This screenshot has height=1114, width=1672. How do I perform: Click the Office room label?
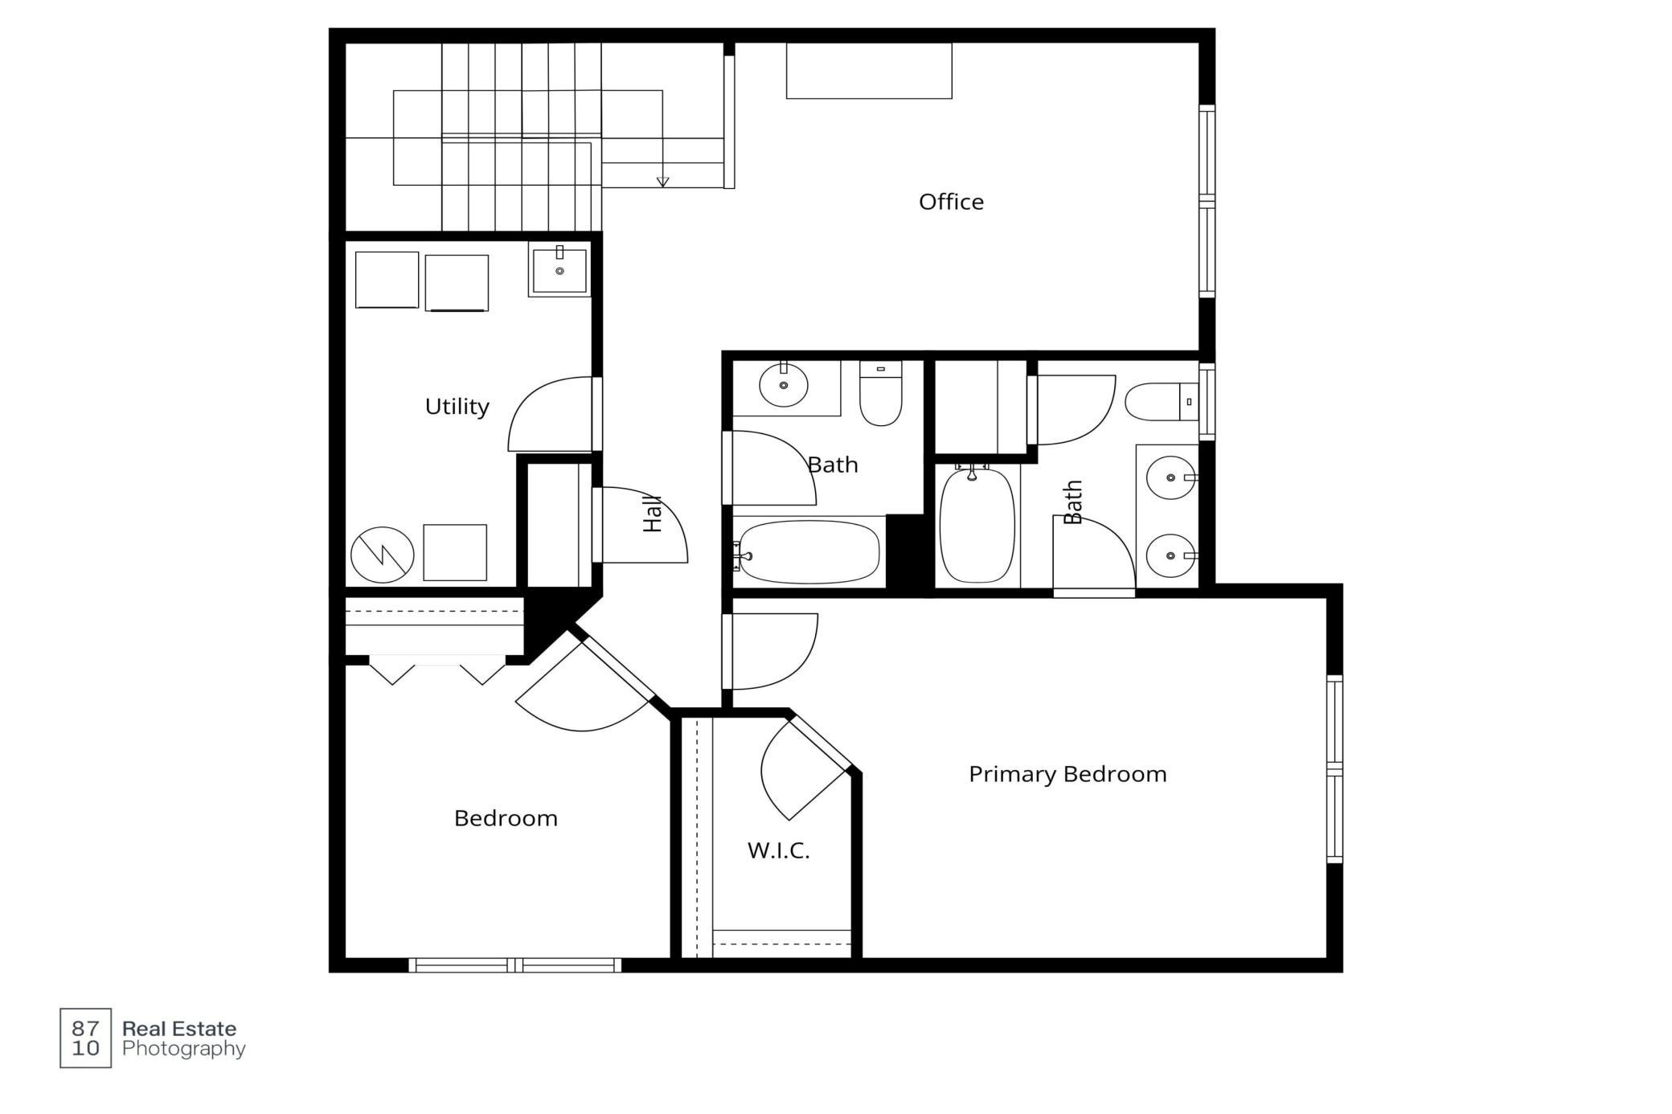click(x=951, y=202)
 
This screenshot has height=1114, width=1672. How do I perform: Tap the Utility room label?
click(x=457, y=407)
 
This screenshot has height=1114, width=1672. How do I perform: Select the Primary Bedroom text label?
click(x=1068, y=774)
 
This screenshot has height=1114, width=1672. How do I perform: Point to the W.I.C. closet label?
click(x=778, y=850)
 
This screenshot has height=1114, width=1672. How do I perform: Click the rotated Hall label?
click(x=653, y=514)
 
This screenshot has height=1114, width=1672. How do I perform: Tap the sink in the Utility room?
click(x=559, y=271)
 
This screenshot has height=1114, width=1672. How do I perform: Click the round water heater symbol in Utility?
click(x=383, y=555)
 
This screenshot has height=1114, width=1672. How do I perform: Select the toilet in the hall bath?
click(x=881, y=393)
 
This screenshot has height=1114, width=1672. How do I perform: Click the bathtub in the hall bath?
click(x=809, y=552)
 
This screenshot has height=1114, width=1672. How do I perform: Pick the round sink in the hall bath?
click(x=783, y=386)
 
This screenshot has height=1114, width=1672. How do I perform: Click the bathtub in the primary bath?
click(x=977, y=526)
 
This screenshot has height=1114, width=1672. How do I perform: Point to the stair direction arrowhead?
click(x=662, y=182)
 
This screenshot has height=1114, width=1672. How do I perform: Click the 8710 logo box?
click(x=85, y=1038)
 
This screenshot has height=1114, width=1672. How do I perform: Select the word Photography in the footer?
click(x=184, y=1048)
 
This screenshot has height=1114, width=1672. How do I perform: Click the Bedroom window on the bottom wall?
click(x=515, y=965)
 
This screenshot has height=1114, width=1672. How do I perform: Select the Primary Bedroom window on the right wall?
click(x=1334, y=769)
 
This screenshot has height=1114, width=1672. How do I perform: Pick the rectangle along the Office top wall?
click(x=869, y=71)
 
